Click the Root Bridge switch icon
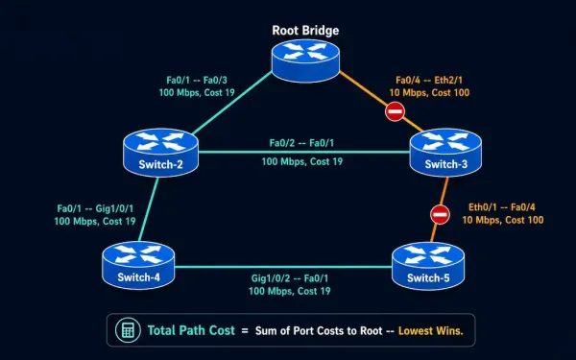pos(305,60)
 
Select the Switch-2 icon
pos(160,153)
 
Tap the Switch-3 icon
pos(445,153)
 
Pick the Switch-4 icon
pos(138,265)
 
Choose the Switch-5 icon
pos(428,266)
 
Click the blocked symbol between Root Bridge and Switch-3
pos(395,111)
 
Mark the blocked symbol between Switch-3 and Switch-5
pos(440,214)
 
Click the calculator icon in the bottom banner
pos(128,330)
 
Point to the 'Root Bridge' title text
pos(305,31)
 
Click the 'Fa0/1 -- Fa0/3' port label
pos(197,80)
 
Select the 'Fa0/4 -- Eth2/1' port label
pos(429,80)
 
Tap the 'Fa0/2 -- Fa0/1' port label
pos(301,143)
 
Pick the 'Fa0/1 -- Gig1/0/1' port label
pos(95,208)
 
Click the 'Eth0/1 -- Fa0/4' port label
pos(502,207)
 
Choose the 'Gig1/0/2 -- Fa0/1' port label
pos(290,278)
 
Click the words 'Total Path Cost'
pos(191,330)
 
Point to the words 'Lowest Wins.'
pos(430,331)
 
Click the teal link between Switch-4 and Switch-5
pos(283,267)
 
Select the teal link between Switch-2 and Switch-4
pos(149,209)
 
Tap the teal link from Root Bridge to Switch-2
pos(231,103)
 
